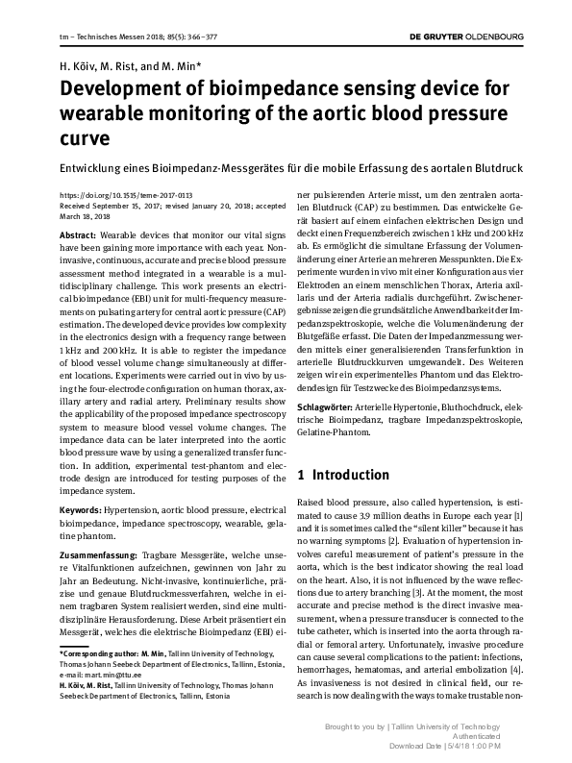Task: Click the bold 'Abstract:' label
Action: pos(78,234)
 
